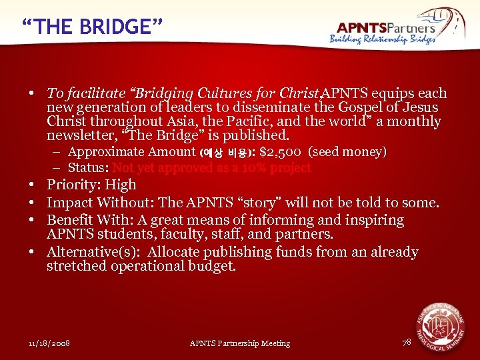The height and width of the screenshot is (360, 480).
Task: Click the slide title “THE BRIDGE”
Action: (x=92, y=27)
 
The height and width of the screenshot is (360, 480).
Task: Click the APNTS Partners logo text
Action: (x=386, y=27)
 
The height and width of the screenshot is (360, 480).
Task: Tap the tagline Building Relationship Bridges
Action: (x=383, y=39)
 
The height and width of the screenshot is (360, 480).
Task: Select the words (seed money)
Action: (x=347, y=152)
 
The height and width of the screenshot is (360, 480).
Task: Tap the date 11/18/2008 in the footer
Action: (x=49, y=343)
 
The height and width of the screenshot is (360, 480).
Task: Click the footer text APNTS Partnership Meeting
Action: (x=240, y=343)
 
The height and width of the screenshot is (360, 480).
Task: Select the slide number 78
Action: (x=407, y=342)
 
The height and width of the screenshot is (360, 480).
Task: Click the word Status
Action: (x=89, y=168)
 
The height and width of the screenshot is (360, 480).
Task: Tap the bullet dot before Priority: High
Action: (x=31, y=185)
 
